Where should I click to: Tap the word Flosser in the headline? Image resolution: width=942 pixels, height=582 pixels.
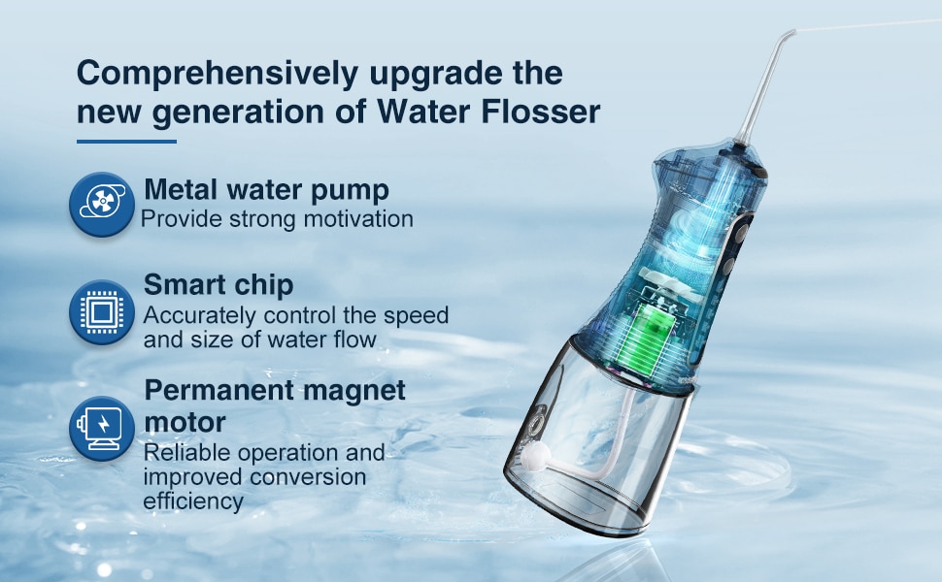click(x=541, y=112)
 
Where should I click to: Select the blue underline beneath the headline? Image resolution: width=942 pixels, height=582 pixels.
click(x=127, y=142)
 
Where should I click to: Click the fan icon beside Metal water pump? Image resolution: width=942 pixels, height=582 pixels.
click(x=102, y=204)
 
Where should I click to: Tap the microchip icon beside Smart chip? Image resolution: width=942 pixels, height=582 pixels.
click(x=102, y=312)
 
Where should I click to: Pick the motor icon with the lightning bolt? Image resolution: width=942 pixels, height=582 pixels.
click(x=102, y=428)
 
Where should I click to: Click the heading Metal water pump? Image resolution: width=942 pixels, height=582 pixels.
click(x=267, y=190)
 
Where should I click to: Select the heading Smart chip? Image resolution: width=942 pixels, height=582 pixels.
click(x=219, y=284)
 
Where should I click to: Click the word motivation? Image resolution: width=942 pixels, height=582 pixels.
click(x=358, y=219)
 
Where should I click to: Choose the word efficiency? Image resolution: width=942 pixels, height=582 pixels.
click(x=193, y=501)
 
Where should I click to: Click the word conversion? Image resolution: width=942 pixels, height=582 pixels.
click(x=308, y=477)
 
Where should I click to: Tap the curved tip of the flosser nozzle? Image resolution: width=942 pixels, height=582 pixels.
click(x=787, y=36)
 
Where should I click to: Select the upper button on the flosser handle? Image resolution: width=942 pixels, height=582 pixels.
click(x=742, y=232)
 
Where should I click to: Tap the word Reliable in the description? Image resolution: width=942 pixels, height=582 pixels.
click(x=187, y=452)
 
